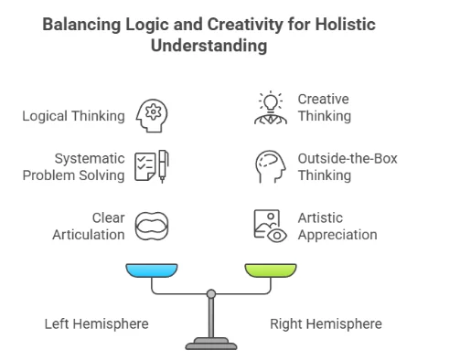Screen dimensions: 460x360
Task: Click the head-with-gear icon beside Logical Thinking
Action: point(152,116)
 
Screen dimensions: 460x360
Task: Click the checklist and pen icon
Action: point(152,166)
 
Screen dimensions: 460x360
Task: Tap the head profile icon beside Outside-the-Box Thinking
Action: point(269,166)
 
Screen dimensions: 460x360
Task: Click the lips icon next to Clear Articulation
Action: point(152,227)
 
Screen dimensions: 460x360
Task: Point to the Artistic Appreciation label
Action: point(337,226)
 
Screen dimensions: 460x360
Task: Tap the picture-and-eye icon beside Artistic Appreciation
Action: point(269,226)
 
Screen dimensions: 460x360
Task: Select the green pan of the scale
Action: point(271,271)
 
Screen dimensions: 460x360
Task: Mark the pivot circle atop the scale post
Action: point(212,294)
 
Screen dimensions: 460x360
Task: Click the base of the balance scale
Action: point(212,345)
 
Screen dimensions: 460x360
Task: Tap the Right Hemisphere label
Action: point(326,323)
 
